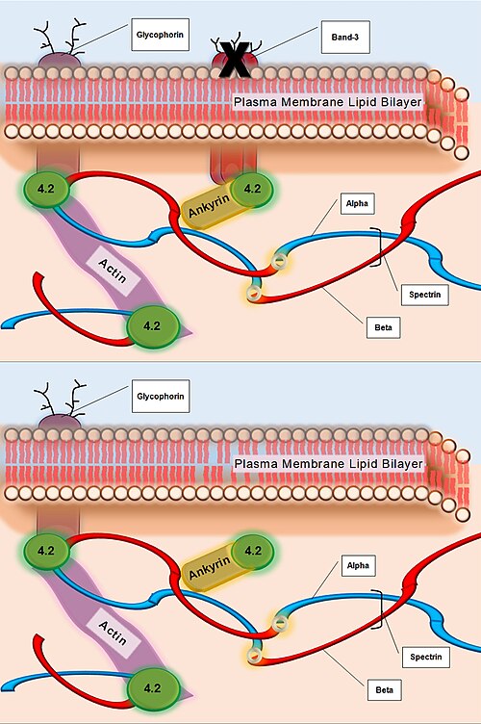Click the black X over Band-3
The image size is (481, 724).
click(x=235, y=59)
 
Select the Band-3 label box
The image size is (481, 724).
click(x=345, y=37)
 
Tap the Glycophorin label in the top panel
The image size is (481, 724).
click(x=160, y=35)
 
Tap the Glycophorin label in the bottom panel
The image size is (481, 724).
click(x=161, y=396)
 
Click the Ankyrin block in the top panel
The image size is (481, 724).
click(x=209, y=206)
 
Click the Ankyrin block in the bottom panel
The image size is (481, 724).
click(x=209, y=568)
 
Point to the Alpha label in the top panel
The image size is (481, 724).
click(x=358, y=204)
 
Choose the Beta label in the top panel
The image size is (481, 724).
click(x=383, y=327)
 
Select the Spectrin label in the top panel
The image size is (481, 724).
click(x=425, y=295)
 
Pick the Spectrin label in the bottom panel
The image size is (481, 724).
click(x=425, y=657)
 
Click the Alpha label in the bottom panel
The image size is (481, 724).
click(x=358, y=566)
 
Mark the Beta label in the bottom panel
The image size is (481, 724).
click(x=384, y=690)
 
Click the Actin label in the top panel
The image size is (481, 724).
click(x=113, y=271)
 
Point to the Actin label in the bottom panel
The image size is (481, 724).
click(x=113, y=633)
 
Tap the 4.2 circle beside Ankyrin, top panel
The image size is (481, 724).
click(x=252, y=189)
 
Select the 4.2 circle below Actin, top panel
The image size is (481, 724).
click(x=152, y=326)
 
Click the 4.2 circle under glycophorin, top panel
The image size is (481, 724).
click(x=45, y=189)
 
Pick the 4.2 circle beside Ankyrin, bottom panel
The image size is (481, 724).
click(x=253, y=551)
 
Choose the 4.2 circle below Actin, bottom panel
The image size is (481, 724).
click(x=153, y=688)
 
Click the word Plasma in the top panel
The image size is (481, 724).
click(x=256, y=102)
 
